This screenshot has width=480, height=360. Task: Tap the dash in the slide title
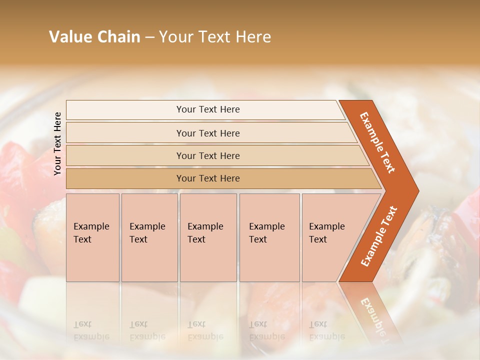point(149,37)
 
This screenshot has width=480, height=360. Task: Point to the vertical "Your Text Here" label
point(57,143)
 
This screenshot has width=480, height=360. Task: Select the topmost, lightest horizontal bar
point(205,109)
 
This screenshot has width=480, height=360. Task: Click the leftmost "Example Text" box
point(92,237)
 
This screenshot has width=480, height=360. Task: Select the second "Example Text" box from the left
point(149,237)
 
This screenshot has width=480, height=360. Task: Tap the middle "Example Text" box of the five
point(208,237)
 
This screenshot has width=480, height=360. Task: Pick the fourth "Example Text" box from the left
point(269,237)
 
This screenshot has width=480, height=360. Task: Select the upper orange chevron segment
point(378,142)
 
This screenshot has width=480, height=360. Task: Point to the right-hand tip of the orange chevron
point(417,191)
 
